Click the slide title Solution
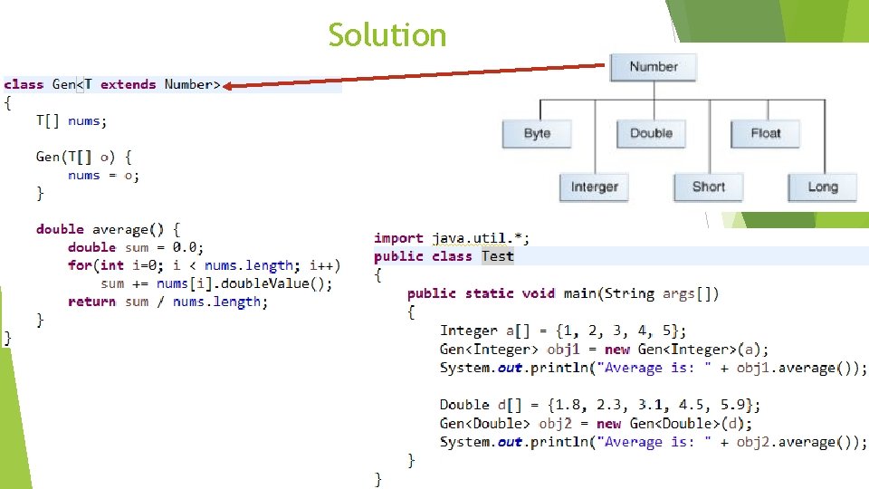click(387, 35)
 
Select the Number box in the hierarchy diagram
click(653, 67)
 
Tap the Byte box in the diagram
click(537, 133)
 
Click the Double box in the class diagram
click(651, 133)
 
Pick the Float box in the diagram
click(765, 133)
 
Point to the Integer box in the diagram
click(594, 187)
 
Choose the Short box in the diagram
click(708, 187)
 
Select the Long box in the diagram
click(822, 187)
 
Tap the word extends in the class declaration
click(128, 84)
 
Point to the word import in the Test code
click(398, 238)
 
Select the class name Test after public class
click(497, 256)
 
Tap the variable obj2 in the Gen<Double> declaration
click(556, 424)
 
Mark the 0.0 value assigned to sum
click(187, 247)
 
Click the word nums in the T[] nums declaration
click(84, 120)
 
